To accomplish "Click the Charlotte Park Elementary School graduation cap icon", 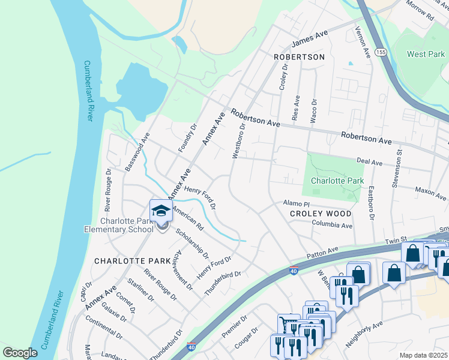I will (x=161, y=211).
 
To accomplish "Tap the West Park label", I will (x=426, y=54).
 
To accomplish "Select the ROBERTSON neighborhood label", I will (x=298, y=57).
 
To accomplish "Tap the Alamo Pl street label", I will (x=296, y=204).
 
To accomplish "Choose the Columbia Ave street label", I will (x=331, y=225).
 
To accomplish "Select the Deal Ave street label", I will (x=369, y=162).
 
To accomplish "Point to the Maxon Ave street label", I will (x=431, y=193).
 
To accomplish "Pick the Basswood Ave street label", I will (x=136, y=156).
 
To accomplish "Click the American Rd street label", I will (x=188, y=219).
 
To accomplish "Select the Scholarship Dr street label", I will (x=193, y=243).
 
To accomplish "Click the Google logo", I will (x=20, y=353).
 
